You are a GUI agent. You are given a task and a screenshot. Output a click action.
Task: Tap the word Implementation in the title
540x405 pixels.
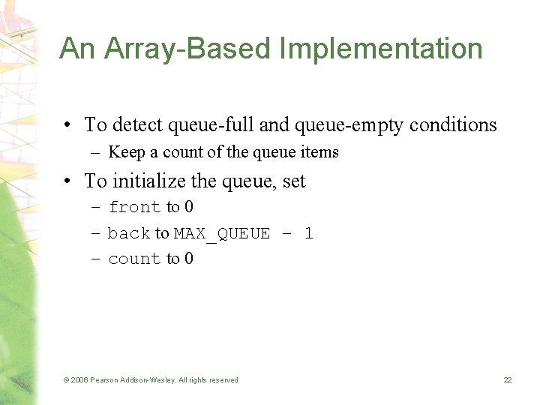click(x=381, y=49)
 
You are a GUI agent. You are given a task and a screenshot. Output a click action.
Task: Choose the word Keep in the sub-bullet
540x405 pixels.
click(x=126, y=152)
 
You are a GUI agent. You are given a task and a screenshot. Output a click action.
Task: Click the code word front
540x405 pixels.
click(x=135, y=207)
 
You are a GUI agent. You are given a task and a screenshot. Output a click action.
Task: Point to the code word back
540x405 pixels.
click(x=129, y=233)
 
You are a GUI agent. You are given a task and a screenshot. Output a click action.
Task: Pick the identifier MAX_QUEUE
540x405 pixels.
click(x=222, y=233)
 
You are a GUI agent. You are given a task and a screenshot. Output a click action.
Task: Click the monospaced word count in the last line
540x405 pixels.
click(x=135, y=259)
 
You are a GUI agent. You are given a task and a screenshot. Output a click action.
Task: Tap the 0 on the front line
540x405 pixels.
click(x=188, y=207)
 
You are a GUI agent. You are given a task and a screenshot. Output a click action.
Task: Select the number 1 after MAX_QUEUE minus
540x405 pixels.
click(x=308, y=233)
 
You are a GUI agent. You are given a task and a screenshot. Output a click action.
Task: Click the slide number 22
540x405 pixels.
click(x=508, y=380)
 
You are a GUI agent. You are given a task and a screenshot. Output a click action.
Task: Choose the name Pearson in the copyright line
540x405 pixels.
click(x=106, y=380)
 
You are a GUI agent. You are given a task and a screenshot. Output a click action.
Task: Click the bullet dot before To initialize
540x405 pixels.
click(x=68, y=181)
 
